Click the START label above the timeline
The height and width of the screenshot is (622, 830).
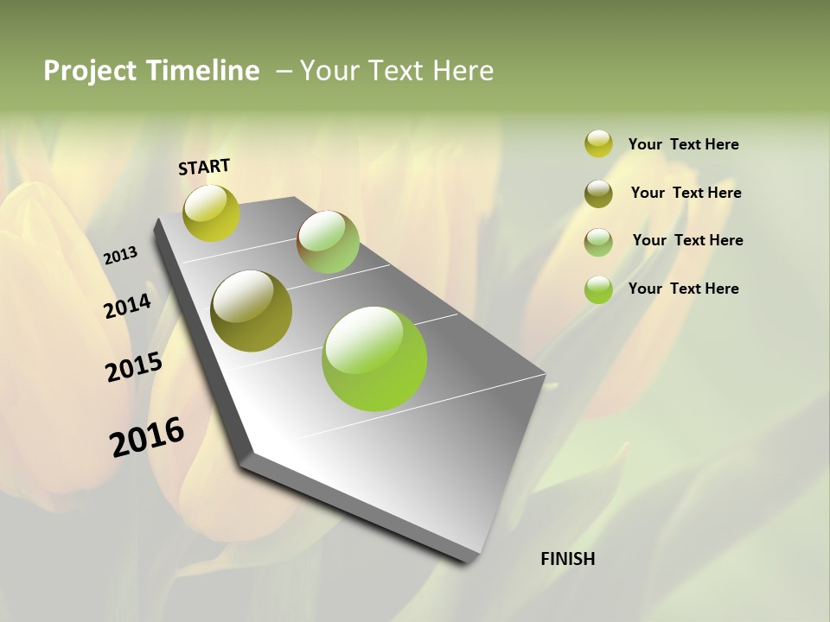pyautogui.click(x=204, y=167)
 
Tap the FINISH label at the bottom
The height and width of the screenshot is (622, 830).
pyautogui.click(x=568, y=559)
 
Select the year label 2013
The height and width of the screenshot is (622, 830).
pyautogui.click(x=120, y=256)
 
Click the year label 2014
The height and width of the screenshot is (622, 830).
pyautogui.click(x=127, y=306)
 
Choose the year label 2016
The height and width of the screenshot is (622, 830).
pyautogui.click(x=147, y=437)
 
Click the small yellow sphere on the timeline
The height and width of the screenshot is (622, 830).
pyautogui.click(x=212, y=213)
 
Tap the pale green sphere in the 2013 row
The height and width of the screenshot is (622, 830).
pyautogui.click(x=328, y=242)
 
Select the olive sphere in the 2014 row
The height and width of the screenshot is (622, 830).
pyautogui.click(x=252, y=311)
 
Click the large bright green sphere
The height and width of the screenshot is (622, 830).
pyautogui.click(x=374, y=359)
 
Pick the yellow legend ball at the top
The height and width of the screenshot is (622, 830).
pyautogui.click(x=598, y=143)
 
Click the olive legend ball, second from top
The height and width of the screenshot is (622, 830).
pyautogui.click(x=598, y=194)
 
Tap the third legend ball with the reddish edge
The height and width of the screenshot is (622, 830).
pyautogui.click(x=598, y=241)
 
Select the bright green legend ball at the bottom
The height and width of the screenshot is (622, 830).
pyautogui.click(x=598, y=289)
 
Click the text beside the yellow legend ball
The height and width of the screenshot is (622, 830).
pyautogui.click(x=683, y=144)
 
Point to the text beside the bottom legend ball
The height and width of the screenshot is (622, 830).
pyautogui.click(x=683, y=289)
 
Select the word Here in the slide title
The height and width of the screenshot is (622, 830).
pyautogui.click(x=463, y=71)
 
